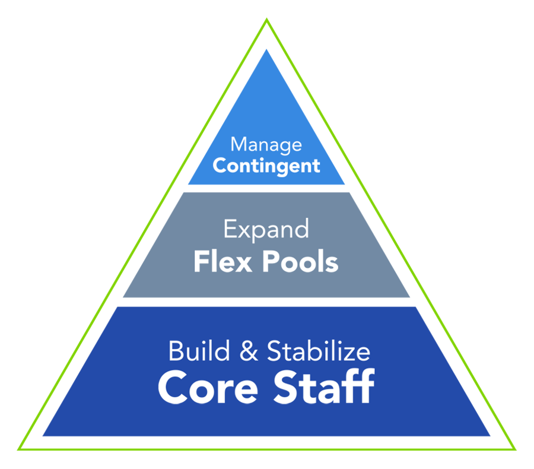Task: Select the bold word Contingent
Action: click(266, 167)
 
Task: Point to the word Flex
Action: click(223, 261)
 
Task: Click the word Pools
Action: click(300, 261)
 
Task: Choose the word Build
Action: click(199, 351)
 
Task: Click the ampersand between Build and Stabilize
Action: click(249, 351)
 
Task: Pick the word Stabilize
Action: click(319, 351)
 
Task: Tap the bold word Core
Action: click(208, 388)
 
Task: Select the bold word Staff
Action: click(324, 386)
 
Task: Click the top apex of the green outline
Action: click(266, 19)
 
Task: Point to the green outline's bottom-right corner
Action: click(514, 449)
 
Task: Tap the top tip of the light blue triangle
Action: click(266, 50)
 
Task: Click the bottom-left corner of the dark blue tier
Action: click(43, 436)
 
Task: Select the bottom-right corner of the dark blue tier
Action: click(490, 436)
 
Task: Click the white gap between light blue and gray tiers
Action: click(266, 188)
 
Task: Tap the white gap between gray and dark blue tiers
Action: click(266, 302)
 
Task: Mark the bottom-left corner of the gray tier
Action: click(123, 297)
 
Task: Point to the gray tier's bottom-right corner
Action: click(409, 297)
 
